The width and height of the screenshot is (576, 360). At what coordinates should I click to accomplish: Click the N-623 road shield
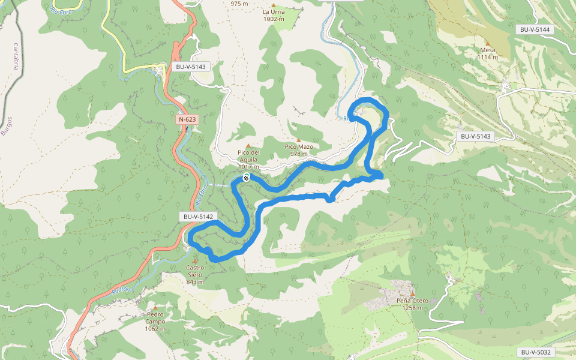(x=187, y=119)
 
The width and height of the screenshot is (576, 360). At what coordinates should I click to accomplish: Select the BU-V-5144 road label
(x=535, y=29)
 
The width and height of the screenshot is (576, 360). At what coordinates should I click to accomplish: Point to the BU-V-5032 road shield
(x=535, y=352)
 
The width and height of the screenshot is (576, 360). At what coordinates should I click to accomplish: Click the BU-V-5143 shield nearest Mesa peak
(x=476, y=136)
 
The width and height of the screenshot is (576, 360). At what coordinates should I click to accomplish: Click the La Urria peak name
(x=274, y=11)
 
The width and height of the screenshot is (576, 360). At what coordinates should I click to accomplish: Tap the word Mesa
(x=488, y=50)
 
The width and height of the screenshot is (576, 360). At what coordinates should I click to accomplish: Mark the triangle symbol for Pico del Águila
(x=248, y=145)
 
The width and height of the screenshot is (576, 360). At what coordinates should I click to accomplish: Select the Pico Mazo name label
(x=299, y=146)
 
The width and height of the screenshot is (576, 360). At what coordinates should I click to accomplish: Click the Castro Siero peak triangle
(x=195, y=261)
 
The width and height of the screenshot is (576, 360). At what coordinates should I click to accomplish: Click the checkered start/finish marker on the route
(x=246, y=178)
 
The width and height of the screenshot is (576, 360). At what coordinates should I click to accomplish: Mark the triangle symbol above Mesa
(x=488, y=43)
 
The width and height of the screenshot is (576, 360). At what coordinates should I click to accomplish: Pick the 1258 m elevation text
(x=412, y=308)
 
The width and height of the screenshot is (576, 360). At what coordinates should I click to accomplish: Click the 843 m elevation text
(x=195, y=282)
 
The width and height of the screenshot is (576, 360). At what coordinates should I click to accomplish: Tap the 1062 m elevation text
(x=155, y=329)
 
